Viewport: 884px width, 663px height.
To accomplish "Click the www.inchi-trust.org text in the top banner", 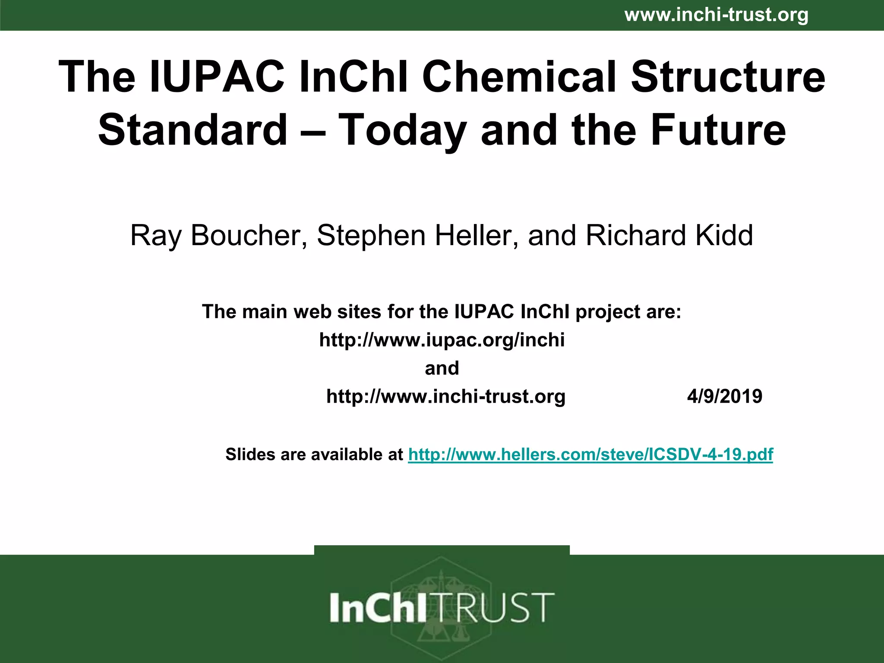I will pos(716,15).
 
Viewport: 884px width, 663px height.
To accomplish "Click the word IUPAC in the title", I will pos(217,77).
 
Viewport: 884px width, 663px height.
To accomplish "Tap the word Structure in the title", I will pos(728,77).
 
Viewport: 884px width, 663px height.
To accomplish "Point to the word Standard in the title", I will pos(193,129).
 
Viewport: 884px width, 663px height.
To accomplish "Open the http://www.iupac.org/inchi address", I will pos(442,340).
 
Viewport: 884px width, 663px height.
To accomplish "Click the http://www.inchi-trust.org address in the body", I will pos(446,396).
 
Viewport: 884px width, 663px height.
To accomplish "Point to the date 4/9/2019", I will pos(725,396).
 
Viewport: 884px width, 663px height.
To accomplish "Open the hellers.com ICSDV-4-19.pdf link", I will pos(590,455).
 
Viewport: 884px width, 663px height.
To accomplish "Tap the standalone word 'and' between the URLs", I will pos(442,368).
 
